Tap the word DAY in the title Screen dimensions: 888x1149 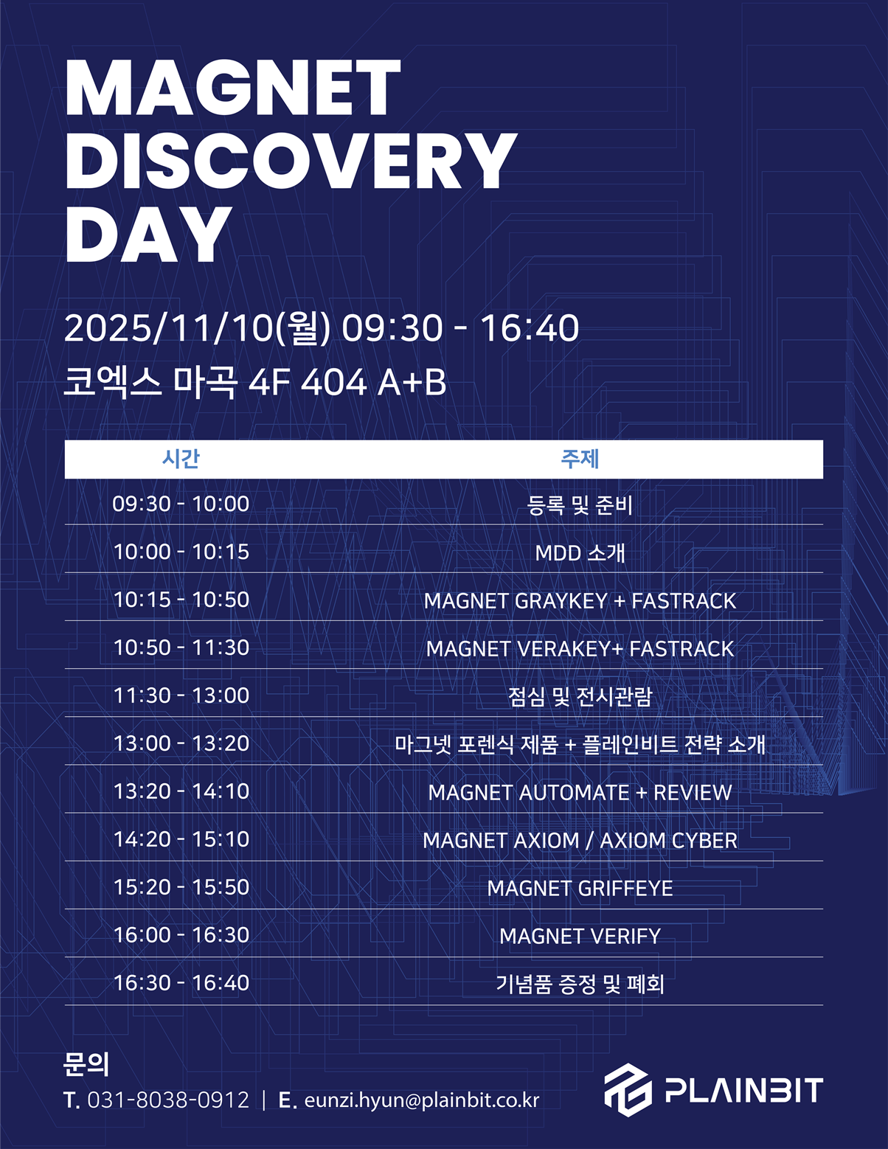148,234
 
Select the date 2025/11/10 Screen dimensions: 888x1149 169,328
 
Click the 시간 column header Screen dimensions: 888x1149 181,459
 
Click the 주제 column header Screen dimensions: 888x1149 580,459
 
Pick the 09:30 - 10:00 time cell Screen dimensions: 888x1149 181,504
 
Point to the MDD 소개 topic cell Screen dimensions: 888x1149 580,553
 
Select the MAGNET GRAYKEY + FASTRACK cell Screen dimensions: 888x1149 580,600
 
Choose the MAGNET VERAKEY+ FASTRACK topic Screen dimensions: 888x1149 580,649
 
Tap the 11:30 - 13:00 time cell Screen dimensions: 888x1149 181,695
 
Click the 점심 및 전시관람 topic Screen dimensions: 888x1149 580,697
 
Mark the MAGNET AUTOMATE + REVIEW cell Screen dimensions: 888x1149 580,793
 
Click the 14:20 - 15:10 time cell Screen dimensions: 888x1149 181,839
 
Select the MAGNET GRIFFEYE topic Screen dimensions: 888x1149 580,889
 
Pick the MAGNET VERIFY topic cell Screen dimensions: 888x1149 580,937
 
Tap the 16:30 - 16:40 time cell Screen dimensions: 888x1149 181,983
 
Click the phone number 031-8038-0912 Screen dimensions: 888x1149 167,1100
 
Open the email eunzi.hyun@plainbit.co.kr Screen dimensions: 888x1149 422,1100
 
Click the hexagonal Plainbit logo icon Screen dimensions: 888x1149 628,1090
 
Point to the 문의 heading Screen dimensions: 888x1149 86,1063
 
